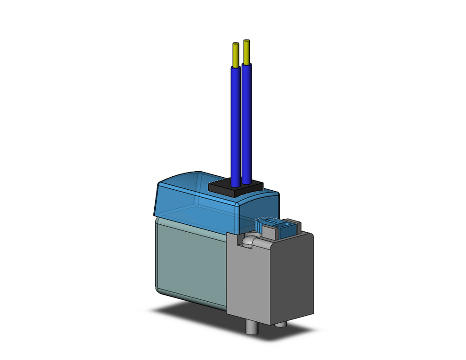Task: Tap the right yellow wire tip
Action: (247, 52)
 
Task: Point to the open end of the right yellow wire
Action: (247, 42)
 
